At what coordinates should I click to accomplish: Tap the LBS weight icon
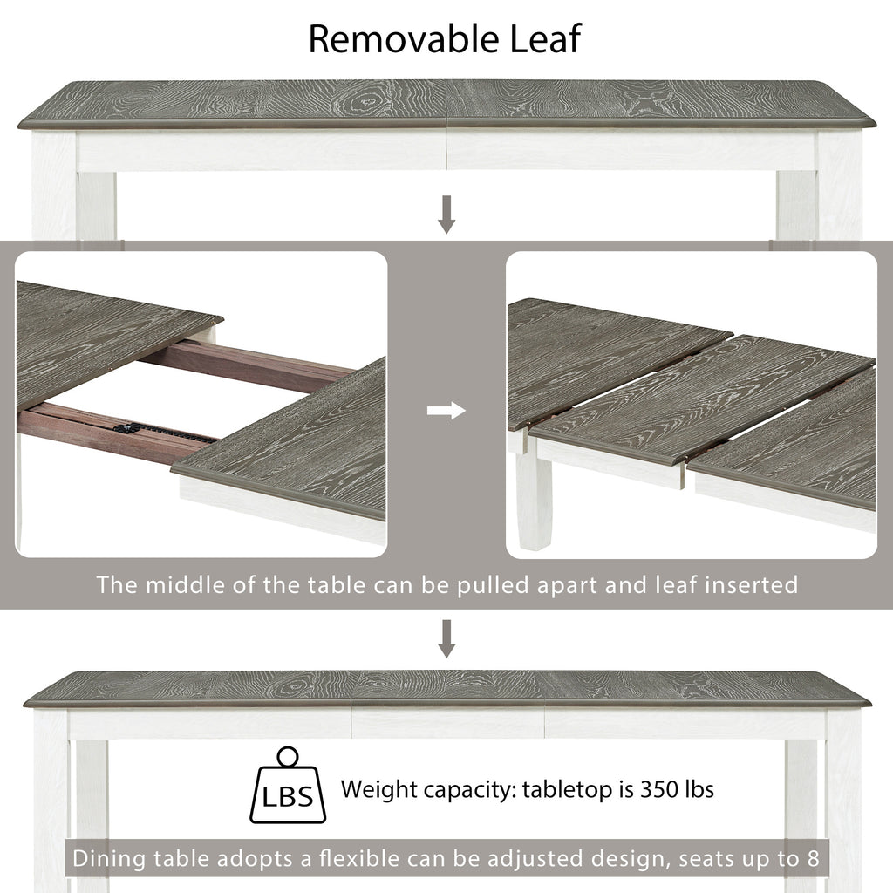point(288,786)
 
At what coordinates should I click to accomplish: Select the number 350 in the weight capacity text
point(659,789)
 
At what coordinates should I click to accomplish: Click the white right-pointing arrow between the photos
point(446,410)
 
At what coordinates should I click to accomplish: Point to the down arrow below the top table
point(446,215)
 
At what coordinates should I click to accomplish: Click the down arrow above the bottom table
point(446,638)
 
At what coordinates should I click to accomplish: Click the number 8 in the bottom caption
point(814,858)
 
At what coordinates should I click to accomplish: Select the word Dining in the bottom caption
point(109,858)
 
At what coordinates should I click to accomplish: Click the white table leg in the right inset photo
point(534,494)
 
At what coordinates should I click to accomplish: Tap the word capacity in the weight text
point(469,790)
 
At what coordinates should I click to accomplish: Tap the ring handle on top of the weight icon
point(288,758)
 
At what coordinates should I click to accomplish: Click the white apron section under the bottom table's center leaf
point(448,723)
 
